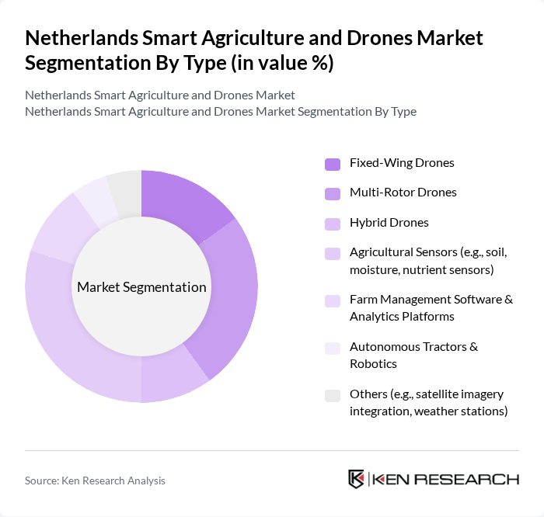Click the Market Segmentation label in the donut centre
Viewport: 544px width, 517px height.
141,287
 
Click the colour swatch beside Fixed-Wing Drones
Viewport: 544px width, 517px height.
332,164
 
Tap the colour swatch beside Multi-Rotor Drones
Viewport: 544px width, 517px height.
332,193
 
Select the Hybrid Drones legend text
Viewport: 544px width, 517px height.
389,223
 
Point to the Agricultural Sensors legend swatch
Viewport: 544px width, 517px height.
332,253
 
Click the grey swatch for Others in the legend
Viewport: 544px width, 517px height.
332,395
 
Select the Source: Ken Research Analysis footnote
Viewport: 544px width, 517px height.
95,481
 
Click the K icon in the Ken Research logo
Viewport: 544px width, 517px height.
356,479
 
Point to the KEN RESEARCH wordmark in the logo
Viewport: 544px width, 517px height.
446,479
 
